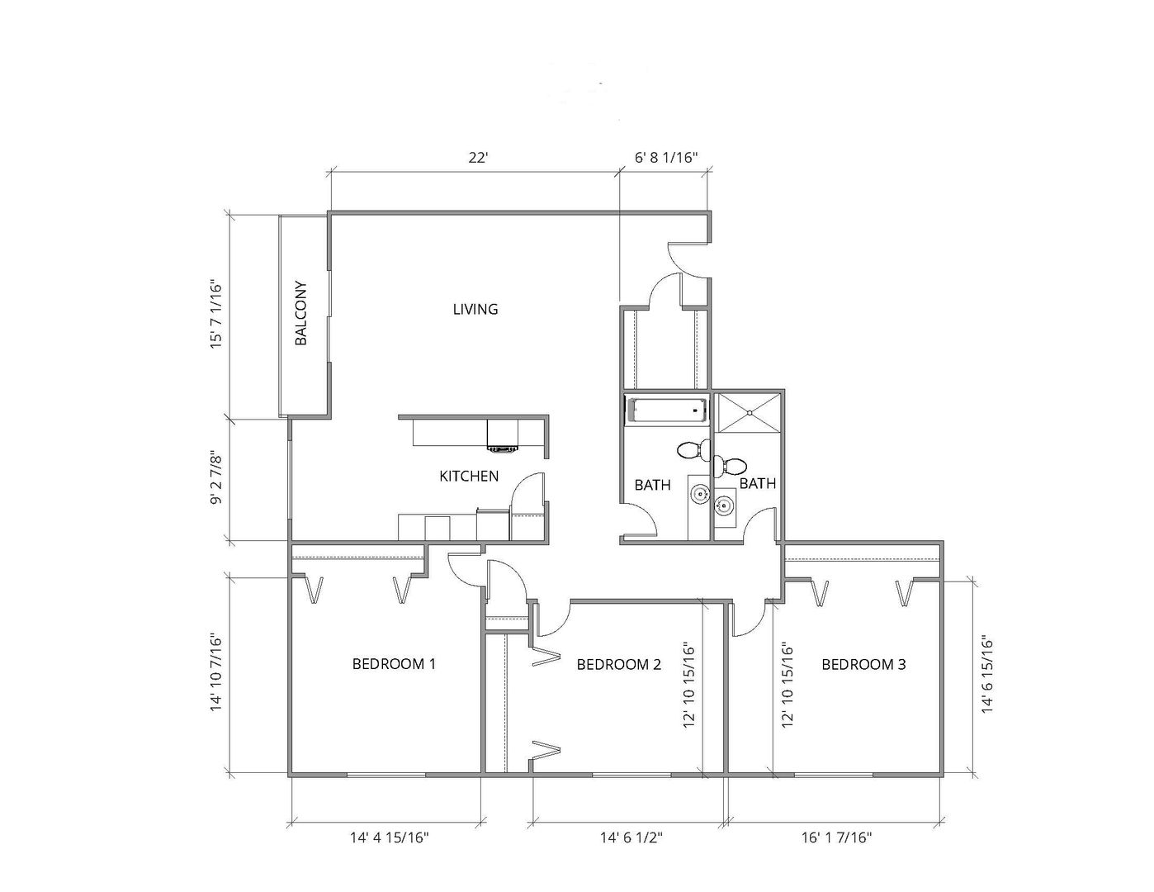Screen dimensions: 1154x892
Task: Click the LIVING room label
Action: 475,309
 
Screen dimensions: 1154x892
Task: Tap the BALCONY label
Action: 300,313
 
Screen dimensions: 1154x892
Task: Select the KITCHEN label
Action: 469,476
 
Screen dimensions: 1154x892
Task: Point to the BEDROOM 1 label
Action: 394,663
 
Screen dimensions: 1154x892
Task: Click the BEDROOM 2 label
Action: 619,664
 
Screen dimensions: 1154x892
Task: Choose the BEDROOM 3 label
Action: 863,664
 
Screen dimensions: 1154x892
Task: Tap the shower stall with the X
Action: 749,413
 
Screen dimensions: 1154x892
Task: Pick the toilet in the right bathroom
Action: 730,467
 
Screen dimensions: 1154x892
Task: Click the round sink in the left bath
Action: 700,495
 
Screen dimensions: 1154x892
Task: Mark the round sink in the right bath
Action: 723,505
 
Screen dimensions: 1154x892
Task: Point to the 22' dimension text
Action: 478,158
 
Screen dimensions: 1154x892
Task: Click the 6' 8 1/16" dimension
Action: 666,158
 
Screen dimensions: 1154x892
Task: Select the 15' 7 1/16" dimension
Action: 215,314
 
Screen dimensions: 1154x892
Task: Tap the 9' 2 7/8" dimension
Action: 215,479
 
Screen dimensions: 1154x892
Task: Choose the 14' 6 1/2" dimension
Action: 631,837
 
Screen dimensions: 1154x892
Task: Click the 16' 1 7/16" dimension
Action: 836,837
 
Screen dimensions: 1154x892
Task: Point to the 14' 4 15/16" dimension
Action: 390,837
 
